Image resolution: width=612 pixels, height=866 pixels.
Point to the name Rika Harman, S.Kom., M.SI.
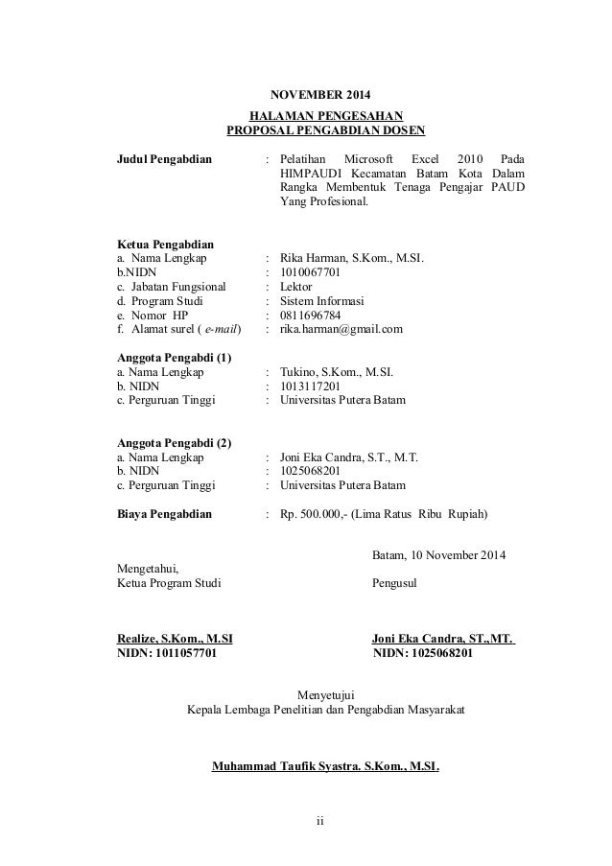pyautogui.click(x=351, y=258)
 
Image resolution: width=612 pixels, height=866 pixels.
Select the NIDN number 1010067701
pyautogui.click(x=310, y=272)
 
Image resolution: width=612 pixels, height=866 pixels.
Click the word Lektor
pyautogui.click(x=295, y=286)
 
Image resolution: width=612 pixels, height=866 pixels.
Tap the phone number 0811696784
pyautogui.click(x=310, y=315)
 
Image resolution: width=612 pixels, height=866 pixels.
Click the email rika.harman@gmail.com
pyautogui.click(x=341, y=328)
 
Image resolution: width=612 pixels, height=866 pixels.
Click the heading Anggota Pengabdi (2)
pyautogui.click(x=174, y=443)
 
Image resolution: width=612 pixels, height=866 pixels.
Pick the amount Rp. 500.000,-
pyautogui.click(x=313, y=514)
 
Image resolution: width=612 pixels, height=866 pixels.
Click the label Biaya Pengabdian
pyautogui.click(x=163, y=514)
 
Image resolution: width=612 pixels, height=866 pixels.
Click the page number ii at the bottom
pyautogui.click(x=321, y=822)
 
